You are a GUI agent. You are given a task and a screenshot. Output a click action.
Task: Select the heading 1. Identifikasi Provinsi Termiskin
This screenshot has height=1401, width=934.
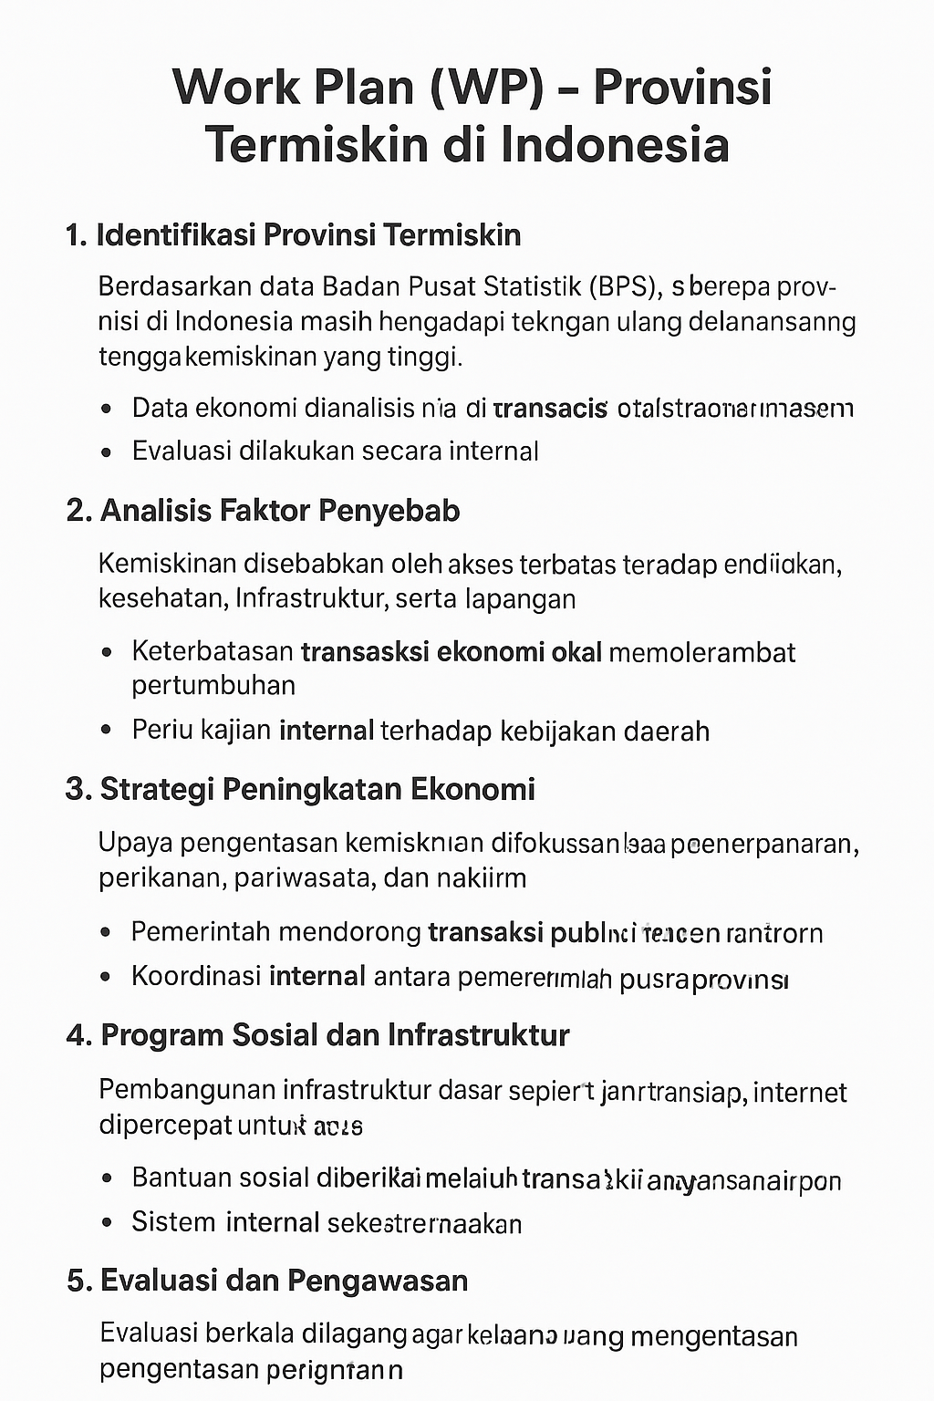point(294,235)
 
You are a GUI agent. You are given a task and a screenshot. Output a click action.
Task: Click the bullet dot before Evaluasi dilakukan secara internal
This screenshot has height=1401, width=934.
point(108,451)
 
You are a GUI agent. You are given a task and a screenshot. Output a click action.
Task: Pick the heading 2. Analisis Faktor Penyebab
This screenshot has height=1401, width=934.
point(263,510)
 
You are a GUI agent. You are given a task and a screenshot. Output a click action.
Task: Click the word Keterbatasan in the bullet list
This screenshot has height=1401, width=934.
point(213,652)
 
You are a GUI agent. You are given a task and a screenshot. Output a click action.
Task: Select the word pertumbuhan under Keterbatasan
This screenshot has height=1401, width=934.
point(213,685)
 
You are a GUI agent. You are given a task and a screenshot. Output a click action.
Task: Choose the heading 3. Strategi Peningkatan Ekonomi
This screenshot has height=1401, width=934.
point(300,788)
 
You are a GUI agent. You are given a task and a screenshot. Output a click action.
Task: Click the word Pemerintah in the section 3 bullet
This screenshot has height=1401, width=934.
point(200,932)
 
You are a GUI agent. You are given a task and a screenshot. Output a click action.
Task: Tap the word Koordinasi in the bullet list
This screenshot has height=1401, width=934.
point(196,977)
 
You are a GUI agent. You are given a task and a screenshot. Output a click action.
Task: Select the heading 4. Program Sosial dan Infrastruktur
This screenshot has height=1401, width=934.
point(318,1035)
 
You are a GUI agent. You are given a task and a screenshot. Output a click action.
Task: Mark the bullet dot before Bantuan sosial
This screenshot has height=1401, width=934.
point(108,1178)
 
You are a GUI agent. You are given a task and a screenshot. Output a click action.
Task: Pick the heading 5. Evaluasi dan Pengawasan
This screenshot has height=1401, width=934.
point(267,1281)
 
